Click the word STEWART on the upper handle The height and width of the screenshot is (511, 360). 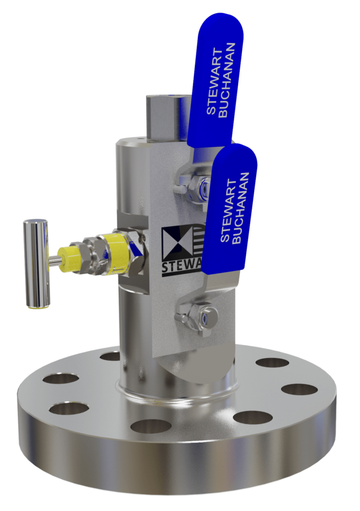click(212, 82)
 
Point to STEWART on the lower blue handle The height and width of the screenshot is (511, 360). click(227, 210)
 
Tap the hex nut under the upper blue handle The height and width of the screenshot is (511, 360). click(203, 188)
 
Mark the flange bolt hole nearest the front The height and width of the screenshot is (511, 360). click(150, 426)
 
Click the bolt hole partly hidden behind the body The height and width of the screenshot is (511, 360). click(110, 356)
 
